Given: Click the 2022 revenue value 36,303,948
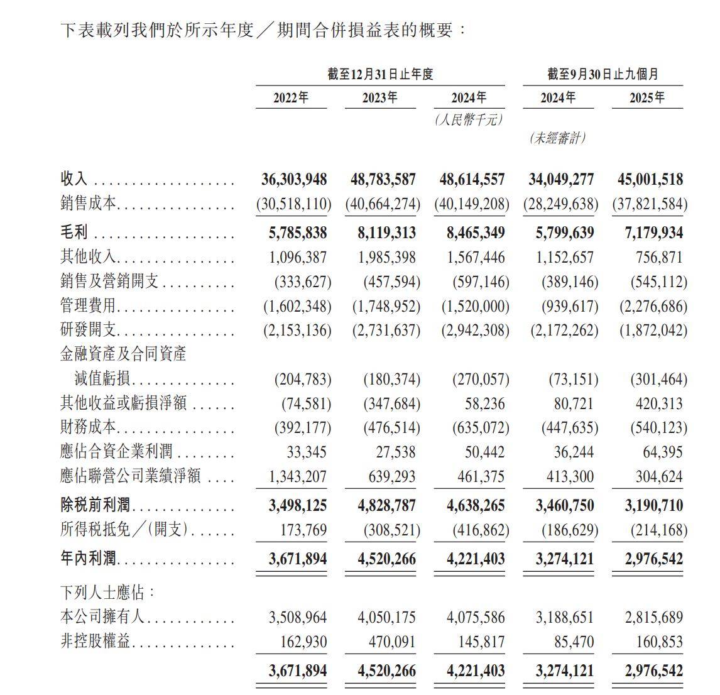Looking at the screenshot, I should click(x=293, y=180).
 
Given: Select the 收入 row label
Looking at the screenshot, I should click(x=74, y=180).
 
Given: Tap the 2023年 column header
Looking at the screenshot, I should click(x=379, y=98).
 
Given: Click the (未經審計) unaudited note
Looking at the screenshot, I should click(x=557, y=138).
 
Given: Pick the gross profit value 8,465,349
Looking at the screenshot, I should click(x=475, y=233).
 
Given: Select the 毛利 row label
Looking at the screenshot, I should click(x=74, y=233).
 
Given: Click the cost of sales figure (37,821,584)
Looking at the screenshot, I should click(x=650, y=205).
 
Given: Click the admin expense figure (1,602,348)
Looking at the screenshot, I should click(x=297, y=307).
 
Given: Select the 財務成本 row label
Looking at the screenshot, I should click(x=88, y=428).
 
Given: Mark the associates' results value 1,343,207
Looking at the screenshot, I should click(x=298, y=477).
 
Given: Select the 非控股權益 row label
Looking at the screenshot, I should click(x=95, y=642).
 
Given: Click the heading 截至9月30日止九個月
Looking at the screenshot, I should click(x=603, y=74).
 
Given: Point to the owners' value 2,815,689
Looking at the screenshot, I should click(x=653, y=618).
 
